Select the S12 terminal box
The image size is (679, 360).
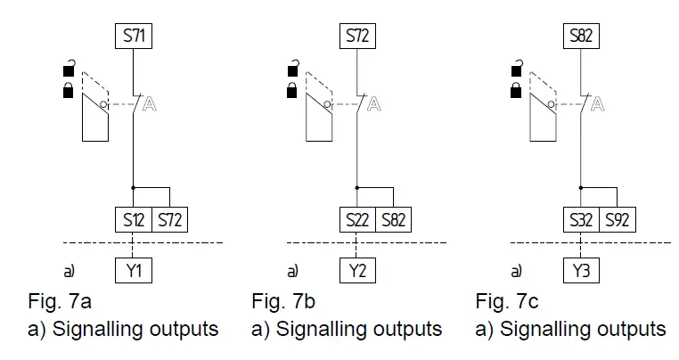132,219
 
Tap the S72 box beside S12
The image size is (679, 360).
169,219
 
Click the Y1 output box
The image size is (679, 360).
133,270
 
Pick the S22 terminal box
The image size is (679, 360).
356,219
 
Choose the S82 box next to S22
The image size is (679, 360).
394,219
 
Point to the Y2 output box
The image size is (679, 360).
356,270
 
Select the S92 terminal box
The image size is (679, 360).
617,219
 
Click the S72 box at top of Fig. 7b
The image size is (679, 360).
356,37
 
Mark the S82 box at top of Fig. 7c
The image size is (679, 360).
581,37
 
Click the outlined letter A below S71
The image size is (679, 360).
151,104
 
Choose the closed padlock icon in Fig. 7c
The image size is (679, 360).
516,89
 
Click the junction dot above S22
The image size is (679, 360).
356,187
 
